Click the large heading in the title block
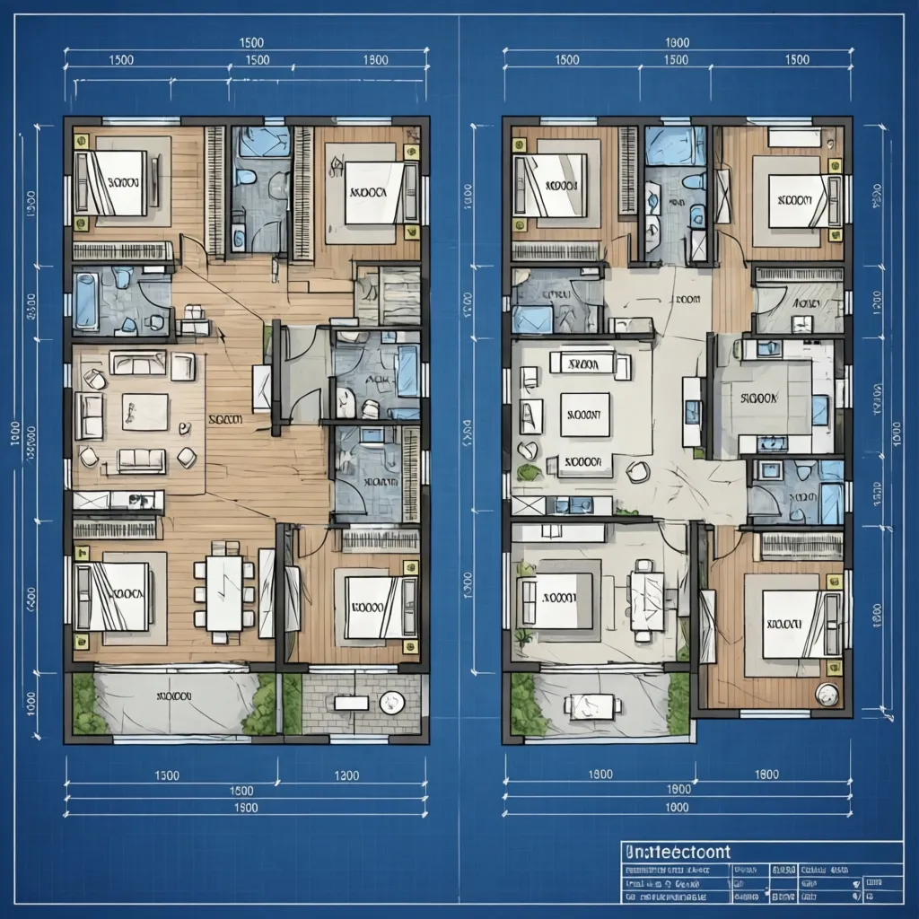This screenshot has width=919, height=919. [677, 852]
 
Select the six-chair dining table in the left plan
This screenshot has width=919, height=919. [223, 593]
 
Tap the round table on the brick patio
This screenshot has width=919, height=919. [391, 703]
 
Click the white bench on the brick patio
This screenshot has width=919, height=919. [351, 703]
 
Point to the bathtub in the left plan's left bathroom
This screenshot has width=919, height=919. [86, 302]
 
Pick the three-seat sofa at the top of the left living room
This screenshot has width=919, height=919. [138, 363]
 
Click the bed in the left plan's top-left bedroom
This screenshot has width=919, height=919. [111, 183]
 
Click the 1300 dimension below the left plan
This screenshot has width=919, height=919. [346, 775]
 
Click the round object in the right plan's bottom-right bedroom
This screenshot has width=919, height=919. [827, 693]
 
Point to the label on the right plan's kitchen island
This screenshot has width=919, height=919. [761, 397]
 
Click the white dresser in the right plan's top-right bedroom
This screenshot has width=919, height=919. [793, 136]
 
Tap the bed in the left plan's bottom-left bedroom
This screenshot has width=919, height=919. [111, 596]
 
